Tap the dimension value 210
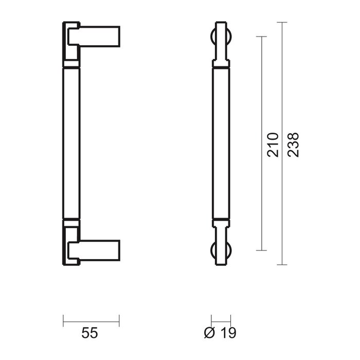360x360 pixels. click(x=274, y=143)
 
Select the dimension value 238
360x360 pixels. click(x=293, y=143)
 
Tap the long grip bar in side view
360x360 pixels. click(x=71, y=144)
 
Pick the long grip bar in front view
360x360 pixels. click(x=221, y=144)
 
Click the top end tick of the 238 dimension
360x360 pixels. click(x=281, y=22)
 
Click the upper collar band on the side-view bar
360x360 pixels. click(x=71, y=65)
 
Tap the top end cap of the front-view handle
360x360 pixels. click(x=221, y=24)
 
